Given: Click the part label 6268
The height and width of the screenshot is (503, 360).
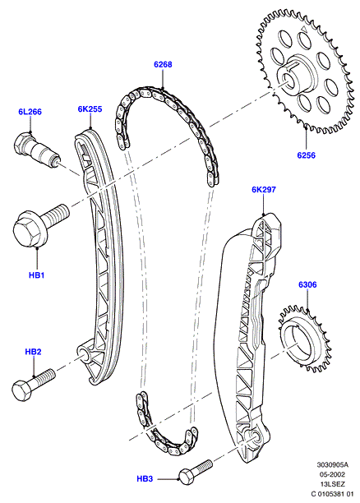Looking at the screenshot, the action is (x=163, y=64).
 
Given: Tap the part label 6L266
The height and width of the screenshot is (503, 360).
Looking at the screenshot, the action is (x=30, y=112).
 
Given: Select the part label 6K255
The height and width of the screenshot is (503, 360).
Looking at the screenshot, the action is (x=90, y=109).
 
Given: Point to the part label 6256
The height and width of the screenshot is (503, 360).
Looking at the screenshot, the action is (x=306, y=155).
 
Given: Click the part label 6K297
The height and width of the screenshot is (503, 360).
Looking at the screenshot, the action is (x=263, y=190).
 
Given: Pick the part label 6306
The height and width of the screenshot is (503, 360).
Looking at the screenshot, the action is (x=307, y=285).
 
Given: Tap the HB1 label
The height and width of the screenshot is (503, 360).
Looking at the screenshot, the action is (x=37, y=275).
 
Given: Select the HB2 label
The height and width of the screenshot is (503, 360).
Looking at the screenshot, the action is (x=33, y=352).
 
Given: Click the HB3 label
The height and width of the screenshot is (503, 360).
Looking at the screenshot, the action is (x=145, y=479).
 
